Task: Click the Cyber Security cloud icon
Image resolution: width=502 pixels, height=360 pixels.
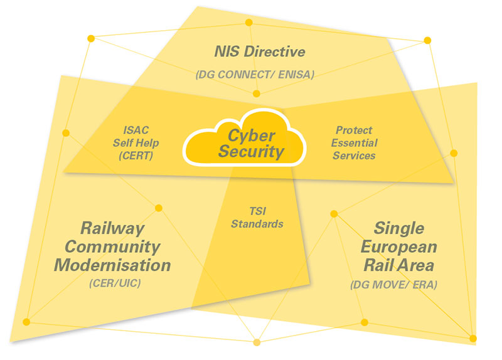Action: click(x=244, y=138)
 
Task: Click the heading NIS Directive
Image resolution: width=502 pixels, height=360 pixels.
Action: click(x=260, y=51)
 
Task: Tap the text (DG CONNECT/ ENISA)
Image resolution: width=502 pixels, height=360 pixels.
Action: click(x=255, y=75)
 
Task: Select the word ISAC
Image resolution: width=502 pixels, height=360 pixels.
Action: click(x=136, y=130)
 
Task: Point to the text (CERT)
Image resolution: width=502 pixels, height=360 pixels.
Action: click(x=136, y=156)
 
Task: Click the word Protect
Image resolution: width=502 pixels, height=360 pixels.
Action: click(x=354, y=130)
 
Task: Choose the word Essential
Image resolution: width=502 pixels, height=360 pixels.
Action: click(x=354, y=143)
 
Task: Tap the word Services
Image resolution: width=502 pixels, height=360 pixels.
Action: click(x=354, y=156)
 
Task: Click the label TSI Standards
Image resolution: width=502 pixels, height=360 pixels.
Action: click(x=257, y=218)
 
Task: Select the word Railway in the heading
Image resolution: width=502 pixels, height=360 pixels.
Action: click(x=112, y=229)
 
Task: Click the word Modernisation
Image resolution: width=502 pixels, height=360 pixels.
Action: click(x=112, y=265)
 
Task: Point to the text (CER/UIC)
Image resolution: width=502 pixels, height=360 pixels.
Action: click(x=115, y=283)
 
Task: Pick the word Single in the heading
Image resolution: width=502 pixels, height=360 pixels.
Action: click(x=399, y=229)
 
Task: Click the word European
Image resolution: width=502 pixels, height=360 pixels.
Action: click(x=399, y=247)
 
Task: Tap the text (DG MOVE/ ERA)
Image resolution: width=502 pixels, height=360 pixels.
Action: click(x=394, y=285)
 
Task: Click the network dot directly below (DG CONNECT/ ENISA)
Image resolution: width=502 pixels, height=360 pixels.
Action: click(x=257, y=93)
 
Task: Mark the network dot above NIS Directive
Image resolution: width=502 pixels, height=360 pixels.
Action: click(x=248, y=23)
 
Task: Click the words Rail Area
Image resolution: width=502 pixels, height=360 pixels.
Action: click(x=399, y=265)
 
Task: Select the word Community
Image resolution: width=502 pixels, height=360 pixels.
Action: click(x=112, y=247)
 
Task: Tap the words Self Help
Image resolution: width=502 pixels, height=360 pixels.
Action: click(x=136, y=143)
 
